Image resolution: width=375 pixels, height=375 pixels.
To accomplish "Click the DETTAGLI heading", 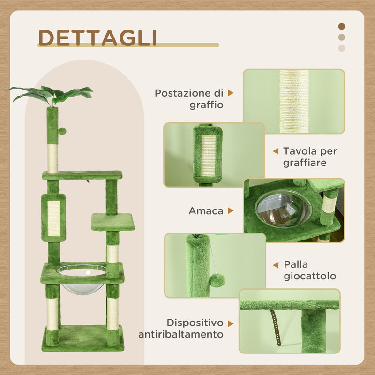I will coord(97,37).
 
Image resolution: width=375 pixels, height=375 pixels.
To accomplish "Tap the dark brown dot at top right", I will coord(341,27).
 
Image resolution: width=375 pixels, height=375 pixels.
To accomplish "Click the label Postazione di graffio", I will coord(189,99).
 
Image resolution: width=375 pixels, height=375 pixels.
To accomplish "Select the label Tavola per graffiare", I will coord(310,157).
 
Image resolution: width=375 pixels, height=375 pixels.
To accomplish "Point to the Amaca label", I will coord(206,211).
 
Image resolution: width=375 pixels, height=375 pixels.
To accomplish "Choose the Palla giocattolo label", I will coord(310,270).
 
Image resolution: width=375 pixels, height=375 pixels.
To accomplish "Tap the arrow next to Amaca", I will coord(231,211).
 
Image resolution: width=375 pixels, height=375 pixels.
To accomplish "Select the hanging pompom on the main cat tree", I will coord(61,131).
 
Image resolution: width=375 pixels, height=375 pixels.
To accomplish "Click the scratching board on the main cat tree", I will coord(53,218).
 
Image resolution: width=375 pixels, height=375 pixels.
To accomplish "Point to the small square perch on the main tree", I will coord(112,222).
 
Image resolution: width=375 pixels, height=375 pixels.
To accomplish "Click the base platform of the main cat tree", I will coord(82,337).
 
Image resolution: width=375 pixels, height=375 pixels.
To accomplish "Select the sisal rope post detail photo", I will coord(294,101).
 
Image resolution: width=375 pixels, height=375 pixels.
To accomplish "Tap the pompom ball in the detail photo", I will coord(217,280).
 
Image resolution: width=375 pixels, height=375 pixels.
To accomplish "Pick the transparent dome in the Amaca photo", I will coord(283,209).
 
